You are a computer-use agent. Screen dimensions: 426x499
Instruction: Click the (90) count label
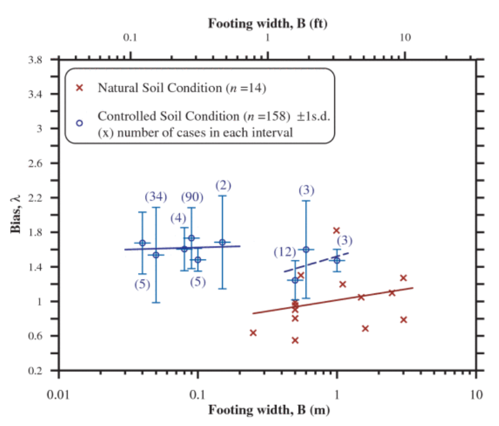pyautogui.click(x=192, y=197)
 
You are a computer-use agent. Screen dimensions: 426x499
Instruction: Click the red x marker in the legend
pyautogui.click(x=79, y=88)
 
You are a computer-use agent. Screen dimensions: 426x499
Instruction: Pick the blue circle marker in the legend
pyautogui.click(x=79, y=123)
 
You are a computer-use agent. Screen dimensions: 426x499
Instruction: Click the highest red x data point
pyautogui.click(x=336, y=231)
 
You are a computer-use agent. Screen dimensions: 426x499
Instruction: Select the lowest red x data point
pyautogui.click(x=295, y=340)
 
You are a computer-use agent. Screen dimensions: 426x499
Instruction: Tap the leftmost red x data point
pyautogui.click(x=253, y=332)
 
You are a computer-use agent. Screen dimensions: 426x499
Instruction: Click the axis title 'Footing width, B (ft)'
pyautogui.click(x=268, y=24)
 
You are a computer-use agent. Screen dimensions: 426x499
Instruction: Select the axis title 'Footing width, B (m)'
pyautogui.click(x=268, y=410)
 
